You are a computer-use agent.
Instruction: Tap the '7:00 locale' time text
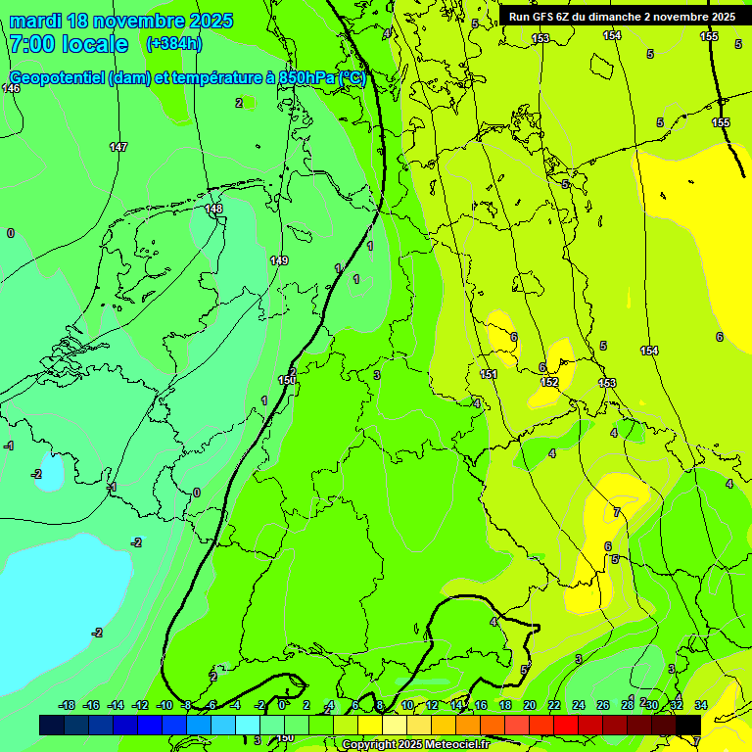69,44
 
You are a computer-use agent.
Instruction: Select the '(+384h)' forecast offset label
173,44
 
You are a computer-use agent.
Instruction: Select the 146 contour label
11,88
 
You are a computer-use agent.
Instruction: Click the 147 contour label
118,147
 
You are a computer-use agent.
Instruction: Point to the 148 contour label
214,209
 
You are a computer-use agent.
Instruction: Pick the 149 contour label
279,260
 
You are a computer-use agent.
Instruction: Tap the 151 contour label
489,374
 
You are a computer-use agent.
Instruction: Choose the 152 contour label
549,382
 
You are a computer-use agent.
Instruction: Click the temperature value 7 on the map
616,512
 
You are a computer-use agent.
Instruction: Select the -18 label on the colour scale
67,705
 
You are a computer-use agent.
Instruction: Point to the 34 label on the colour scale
701,705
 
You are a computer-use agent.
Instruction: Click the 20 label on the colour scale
530,705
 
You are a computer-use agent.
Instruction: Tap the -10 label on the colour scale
164,705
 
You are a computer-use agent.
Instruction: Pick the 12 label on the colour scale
432,705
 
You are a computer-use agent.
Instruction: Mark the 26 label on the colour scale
603,705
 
